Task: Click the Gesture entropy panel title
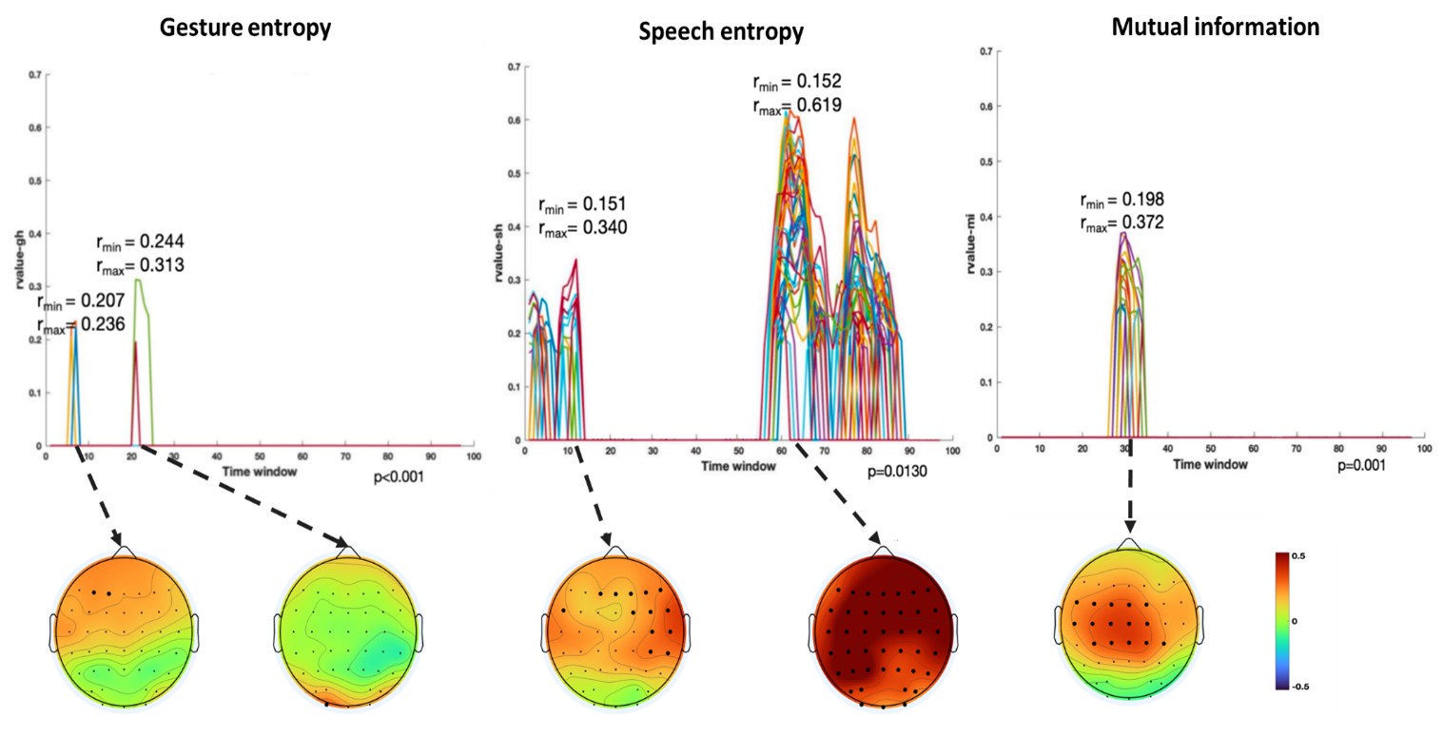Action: [244, 29]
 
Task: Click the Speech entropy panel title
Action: [721, 32]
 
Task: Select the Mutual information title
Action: [1215, 28]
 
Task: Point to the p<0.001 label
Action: [399, 476]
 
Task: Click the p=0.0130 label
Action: [897, 471]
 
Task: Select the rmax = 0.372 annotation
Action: [1121, 223]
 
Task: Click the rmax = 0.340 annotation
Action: [582, 227]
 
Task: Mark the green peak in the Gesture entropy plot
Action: [139, 282]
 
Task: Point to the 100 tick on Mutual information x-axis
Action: [1424, 449]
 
